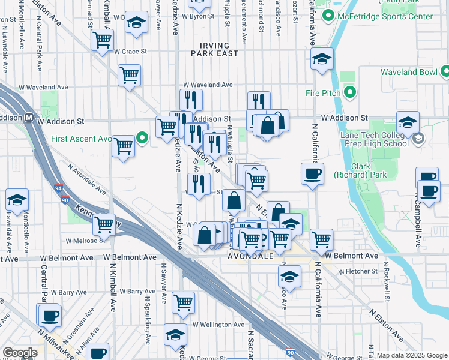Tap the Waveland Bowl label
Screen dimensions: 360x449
[x=413, y=73]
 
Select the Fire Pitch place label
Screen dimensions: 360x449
[x=323, y=93]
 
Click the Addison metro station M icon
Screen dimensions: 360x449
[x=28, y=118]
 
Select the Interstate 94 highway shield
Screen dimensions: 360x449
[x=58, y=188]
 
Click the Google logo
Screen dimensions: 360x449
[x=20, y=353]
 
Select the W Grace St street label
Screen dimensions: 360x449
[x=130, y=52]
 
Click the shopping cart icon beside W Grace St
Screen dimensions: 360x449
[x=103, y=40]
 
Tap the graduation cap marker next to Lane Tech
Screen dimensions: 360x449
[x=408, y=123]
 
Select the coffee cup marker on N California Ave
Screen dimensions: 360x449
[x=312, y=174]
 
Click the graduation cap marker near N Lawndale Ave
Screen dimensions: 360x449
[x=17, y=200]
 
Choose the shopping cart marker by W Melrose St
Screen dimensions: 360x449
[x=104, y=224]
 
